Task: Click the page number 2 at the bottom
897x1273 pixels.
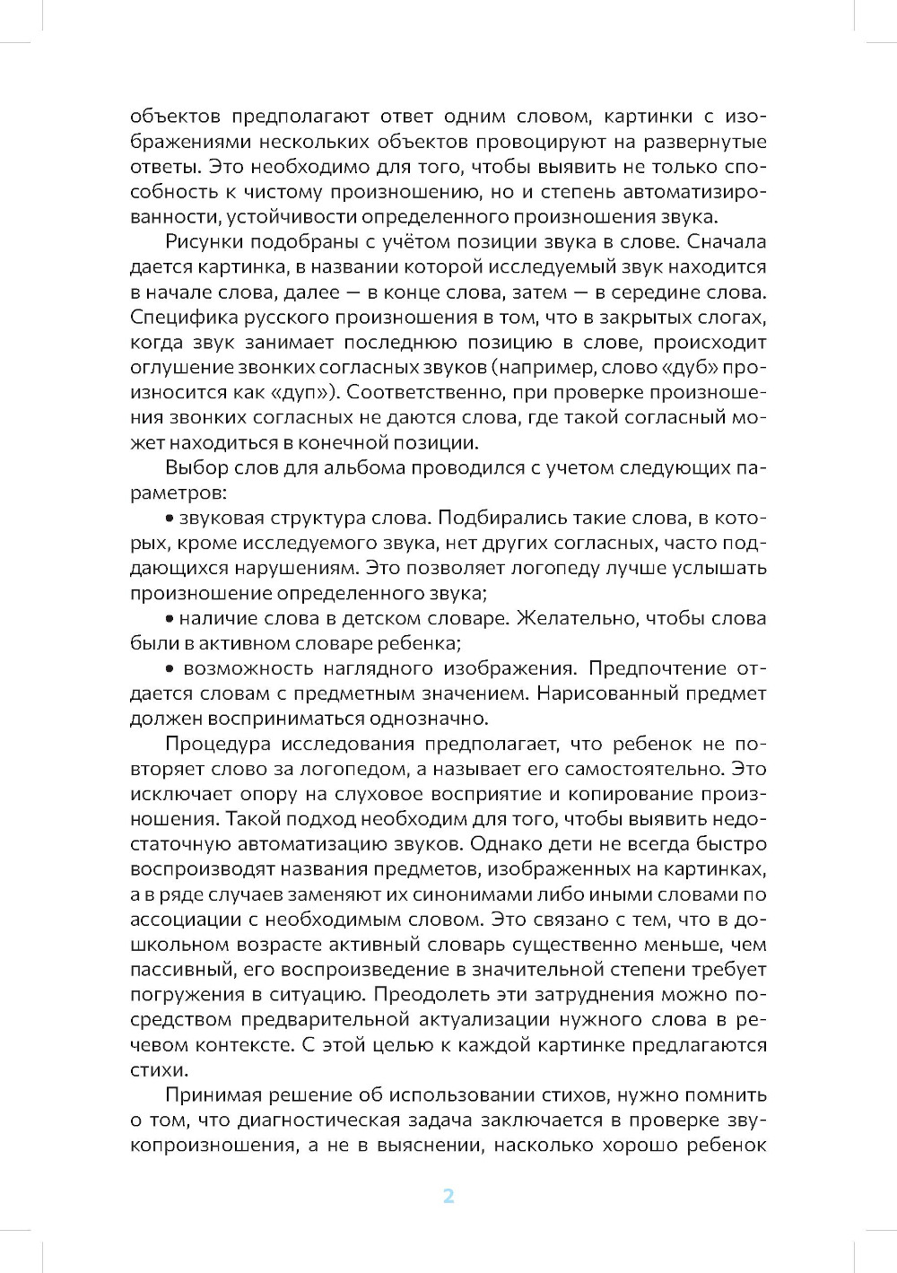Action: [x=448, y=1196]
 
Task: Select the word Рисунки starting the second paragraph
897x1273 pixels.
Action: [x=204, y=241]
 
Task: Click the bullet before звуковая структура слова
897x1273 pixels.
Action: [x=170, y=519]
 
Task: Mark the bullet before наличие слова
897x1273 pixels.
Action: [x=170, y=619]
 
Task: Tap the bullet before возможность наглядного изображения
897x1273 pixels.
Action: [x=170, y=669]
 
